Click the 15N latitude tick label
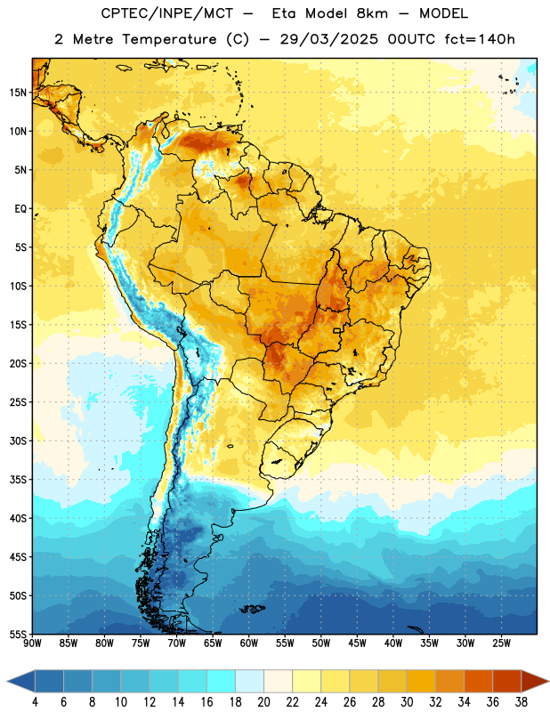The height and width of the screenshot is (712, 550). (18, 93)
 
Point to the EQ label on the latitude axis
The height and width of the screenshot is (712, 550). (20, 209)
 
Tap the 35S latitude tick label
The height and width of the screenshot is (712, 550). (18, 480)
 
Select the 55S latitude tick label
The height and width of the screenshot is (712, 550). (18, 634)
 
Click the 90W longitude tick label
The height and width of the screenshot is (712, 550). (32, 643)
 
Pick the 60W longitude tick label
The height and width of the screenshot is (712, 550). (249, 643)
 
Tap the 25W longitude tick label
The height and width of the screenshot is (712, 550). (501, 643)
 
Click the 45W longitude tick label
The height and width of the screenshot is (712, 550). (357, 643)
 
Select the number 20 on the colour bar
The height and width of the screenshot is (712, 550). (263, 702)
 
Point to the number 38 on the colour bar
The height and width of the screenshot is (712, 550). (522, 702)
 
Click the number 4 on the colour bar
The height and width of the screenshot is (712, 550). (35, 702)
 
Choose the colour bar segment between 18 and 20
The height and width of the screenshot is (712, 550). (249, 681)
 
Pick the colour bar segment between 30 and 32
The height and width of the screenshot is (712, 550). (421, 681)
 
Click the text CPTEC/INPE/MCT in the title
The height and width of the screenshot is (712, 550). (167, 13)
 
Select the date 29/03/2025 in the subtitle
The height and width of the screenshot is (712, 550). (328, 39)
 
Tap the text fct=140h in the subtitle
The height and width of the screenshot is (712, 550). (480, 39)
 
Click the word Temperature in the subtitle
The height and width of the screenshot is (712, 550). (169, 39)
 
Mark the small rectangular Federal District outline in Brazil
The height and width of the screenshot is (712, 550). (337, 330)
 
